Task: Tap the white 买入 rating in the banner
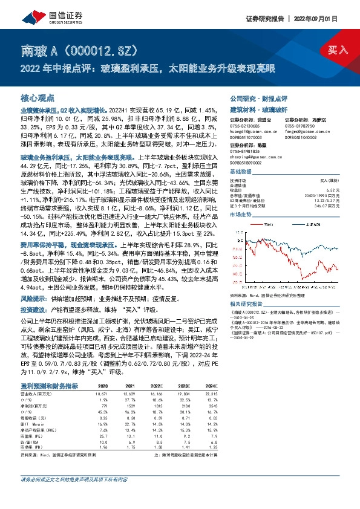[x=338, y=49]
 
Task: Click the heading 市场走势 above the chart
[x=240, y=214]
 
